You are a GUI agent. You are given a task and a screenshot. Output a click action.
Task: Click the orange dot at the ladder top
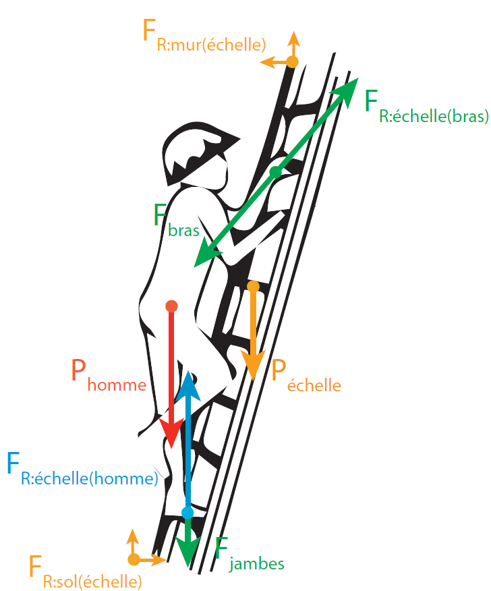(292, 62)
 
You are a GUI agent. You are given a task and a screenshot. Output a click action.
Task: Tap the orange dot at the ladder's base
(134, 559)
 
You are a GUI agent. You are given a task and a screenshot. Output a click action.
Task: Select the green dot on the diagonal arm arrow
(275, 172)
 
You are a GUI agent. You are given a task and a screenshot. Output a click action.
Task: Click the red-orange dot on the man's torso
(171, 306)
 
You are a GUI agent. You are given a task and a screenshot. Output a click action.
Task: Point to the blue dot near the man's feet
(187, 513)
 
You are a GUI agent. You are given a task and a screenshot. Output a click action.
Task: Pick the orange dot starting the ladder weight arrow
(253, 286)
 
